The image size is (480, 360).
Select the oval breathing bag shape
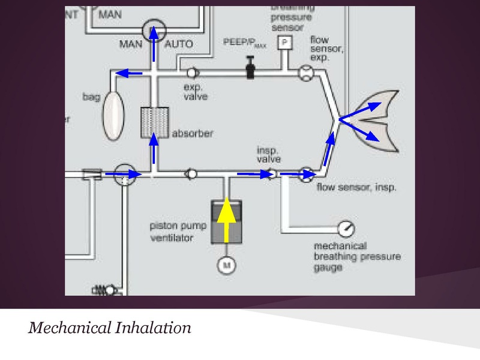(x=112, y=114)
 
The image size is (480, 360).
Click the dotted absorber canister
(x=154, y=124)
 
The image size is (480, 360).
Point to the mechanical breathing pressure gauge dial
(x=346, y=229)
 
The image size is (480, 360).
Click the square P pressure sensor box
(x=283, y=43)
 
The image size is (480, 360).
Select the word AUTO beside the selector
(x=178, y=44)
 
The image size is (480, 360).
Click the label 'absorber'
(x=192, y=133)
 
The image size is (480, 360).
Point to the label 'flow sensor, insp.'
(x=356, y=188)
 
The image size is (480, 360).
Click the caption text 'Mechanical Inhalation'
(x=110, y=328)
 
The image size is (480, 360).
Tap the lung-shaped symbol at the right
(x=375, y=120)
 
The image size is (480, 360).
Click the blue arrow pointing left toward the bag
(x=128, y=73)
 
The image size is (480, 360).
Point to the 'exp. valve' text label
(x=194, y=92)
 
